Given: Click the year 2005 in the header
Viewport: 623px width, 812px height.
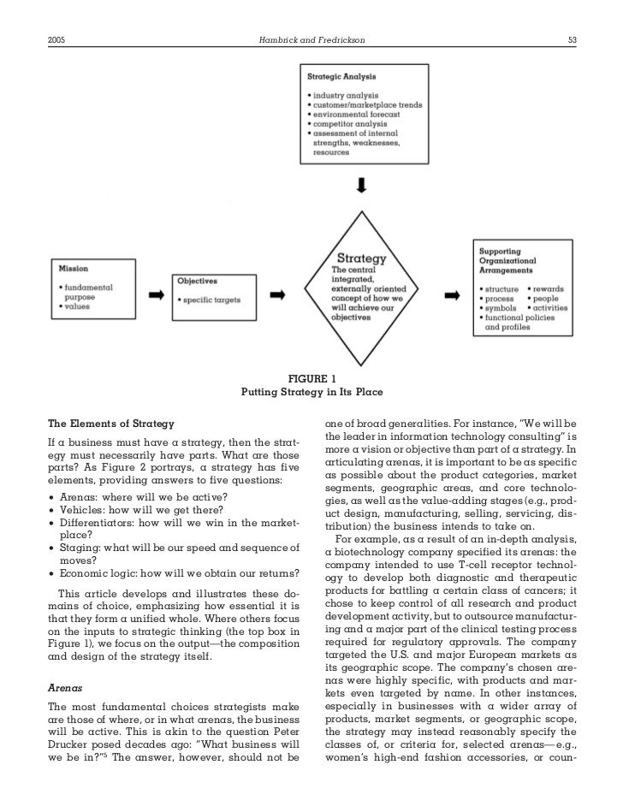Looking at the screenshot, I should click(x=59, y=39).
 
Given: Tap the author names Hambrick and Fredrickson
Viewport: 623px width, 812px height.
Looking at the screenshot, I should click(x=311, y=39).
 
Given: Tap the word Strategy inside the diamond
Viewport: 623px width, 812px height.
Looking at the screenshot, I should click(x=361, y=258).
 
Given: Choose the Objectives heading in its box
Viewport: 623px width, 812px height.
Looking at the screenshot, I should click(x=198, y=281).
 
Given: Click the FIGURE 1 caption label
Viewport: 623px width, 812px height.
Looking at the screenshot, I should click(x=311, y=379).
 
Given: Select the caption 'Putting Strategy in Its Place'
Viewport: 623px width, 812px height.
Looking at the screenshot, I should click(x=311, y=393).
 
